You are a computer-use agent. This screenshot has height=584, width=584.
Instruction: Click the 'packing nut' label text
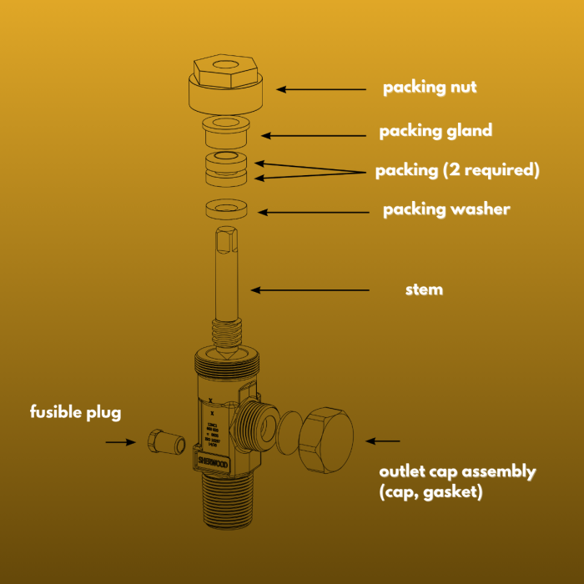430,88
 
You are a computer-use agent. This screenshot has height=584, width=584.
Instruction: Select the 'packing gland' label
435,131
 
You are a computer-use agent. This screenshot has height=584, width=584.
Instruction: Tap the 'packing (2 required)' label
457,170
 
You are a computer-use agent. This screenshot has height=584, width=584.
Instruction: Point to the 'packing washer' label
446,209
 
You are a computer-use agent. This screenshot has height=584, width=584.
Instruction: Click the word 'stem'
424,290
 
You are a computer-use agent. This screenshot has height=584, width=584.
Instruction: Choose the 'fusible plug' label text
76,412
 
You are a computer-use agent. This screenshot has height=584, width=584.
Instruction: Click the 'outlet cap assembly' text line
457,471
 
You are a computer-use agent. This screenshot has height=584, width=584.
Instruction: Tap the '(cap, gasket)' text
430,492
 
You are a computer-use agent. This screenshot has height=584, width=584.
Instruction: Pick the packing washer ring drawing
225,208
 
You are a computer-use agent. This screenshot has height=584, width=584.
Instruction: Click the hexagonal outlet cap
326,440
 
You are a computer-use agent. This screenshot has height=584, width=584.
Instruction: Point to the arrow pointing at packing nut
321,88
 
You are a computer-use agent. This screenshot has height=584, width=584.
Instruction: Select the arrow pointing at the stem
310,290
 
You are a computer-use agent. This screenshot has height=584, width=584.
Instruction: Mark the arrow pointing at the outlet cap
384,440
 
